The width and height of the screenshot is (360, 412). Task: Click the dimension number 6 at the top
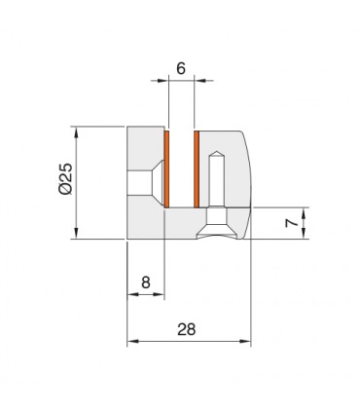181,68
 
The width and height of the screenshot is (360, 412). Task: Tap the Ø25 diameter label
65,178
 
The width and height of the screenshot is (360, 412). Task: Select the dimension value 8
146,282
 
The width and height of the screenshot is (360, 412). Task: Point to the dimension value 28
187,329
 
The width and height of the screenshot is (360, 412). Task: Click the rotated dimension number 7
292,223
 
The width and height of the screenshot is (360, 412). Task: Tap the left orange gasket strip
166,169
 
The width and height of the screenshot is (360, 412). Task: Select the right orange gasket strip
197,169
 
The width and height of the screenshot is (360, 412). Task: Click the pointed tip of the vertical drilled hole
216,152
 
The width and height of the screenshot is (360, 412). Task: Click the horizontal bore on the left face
139,183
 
